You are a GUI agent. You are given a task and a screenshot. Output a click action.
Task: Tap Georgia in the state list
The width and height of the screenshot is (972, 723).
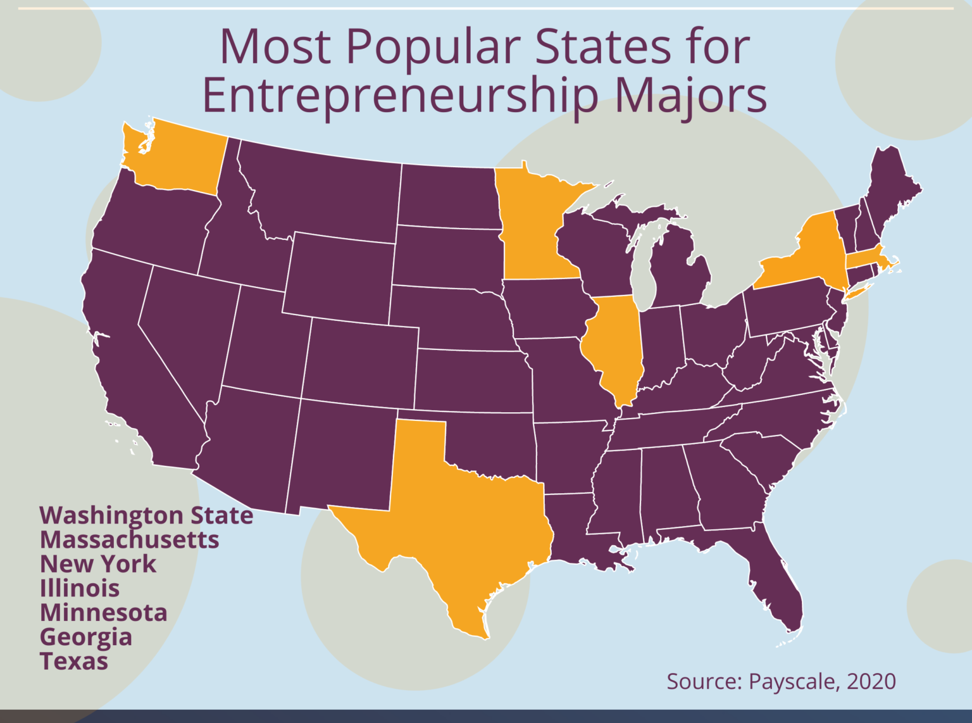click(x=86, y=637)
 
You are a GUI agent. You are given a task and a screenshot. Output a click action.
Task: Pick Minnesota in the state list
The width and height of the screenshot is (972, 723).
click(x=104, y=613)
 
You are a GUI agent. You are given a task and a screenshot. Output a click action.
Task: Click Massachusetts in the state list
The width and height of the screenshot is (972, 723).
click(x=130, y=540)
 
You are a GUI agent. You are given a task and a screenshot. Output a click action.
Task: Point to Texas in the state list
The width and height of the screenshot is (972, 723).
click(x=74, y=662)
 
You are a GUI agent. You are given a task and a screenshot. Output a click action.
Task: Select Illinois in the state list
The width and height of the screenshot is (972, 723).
click(x=80, y=589)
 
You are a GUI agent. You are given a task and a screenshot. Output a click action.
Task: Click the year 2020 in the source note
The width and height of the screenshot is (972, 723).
click(x=871, y=681)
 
